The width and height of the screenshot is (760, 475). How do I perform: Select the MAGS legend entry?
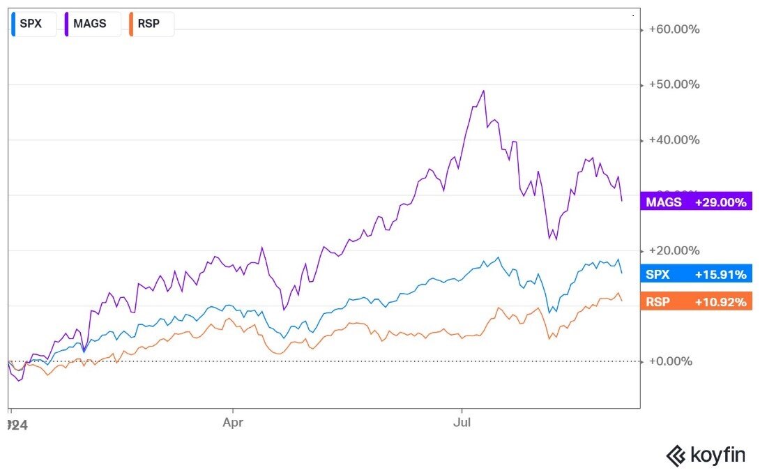[90, 24]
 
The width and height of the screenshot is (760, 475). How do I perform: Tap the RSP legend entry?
[149, 24]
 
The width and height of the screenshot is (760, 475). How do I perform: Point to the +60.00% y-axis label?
[674, 29]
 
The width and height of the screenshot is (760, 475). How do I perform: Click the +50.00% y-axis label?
[674, 84]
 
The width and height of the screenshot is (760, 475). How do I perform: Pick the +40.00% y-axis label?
[674, 140]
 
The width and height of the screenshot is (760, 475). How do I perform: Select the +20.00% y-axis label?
[674, 250]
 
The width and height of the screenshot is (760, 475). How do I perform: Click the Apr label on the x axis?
[232, 423]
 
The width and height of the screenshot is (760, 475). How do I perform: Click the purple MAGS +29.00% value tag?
[696, 202]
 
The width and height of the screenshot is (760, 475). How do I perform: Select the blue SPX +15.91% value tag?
[696, 274]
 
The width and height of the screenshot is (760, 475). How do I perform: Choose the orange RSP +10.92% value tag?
[696, 302]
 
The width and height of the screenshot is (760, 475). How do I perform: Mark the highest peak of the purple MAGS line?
[483, 91]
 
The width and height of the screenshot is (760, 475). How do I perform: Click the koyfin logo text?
[717, 456]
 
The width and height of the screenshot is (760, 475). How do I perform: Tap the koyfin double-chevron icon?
[676, 456]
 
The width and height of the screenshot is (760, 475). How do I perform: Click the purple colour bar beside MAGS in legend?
[67, 24]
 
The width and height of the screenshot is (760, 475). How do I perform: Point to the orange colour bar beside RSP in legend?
[131, 24]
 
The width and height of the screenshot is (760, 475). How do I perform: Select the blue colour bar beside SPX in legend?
[14, 24]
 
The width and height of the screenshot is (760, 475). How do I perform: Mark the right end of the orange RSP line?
[622, 301]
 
